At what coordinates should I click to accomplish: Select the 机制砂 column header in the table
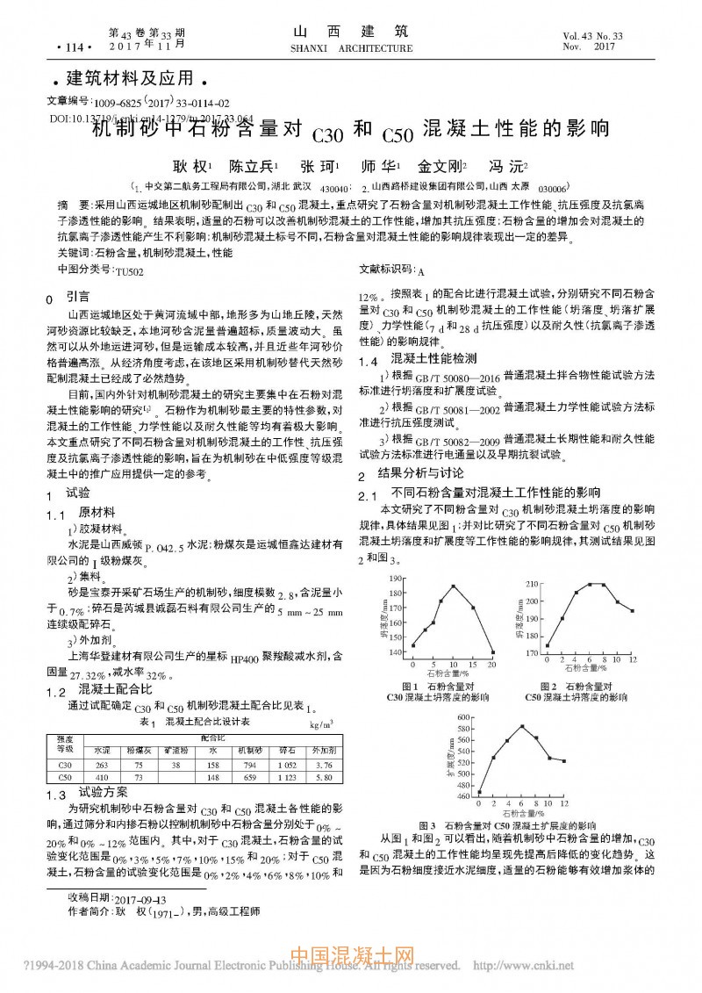[248, 752]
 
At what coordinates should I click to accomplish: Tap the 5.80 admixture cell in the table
[324, 777]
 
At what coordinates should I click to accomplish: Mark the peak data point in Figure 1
[454, 586]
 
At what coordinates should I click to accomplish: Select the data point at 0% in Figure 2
[547, 645]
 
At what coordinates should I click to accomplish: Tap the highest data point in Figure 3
[521, 726]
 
